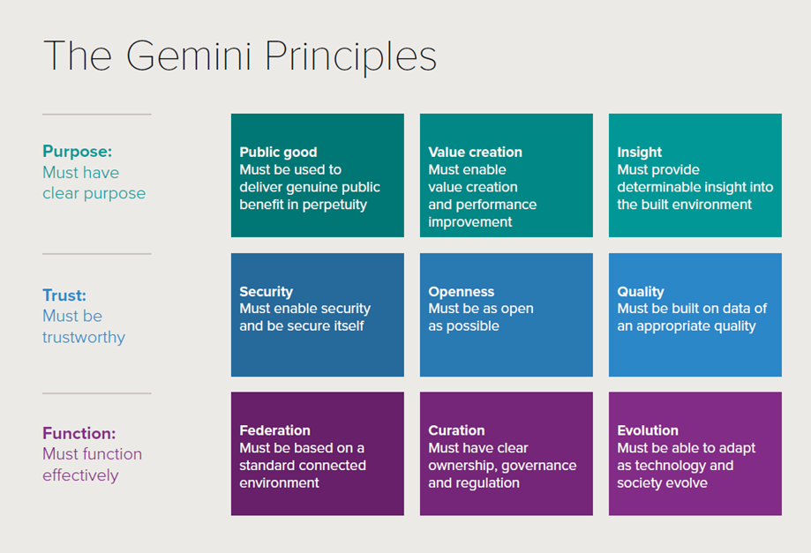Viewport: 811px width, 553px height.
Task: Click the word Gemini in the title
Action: pos(189,56)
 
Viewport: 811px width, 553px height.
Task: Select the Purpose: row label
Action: pos(77,152)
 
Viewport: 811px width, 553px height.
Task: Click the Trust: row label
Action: pos(64,295)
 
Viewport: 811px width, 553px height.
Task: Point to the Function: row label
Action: pos(79,433)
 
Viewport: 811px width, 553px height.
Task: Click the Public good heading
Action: pos(278,153)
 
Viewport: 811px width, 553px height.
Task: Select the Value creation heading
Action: pos(476,152)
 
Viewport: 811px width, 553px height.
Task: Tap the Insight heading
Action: pos(639,153)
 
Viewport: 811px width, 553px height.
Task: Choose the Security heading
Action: pos(267,292)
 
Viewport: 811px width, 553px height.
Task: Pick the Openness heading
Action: pos(462,292)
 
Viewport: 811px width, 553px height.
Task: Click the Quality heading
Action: pos(641,292)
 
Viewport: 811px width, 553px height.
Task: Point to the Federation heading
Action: pos(275,430)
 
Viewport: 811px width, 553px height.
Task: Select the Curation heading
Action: pos(457,430)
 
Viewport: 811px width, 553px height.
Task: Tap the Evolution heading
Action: pos(648,430)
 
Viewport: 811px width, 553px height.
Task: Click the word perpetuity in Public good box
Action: pos(334,206)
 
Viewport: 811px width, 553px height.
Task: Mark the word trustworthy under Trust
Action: pos(84,338)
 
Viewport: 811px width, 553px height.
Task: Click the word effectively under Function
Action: pos(80,475)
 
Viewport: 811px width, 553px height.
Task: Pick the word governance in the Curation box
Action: pos(539,467)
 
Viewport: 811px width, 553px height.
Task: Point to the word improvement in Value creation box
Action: pos(470,222)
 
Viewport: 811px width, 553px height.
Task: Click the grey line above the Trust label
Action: pos(97,254)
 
